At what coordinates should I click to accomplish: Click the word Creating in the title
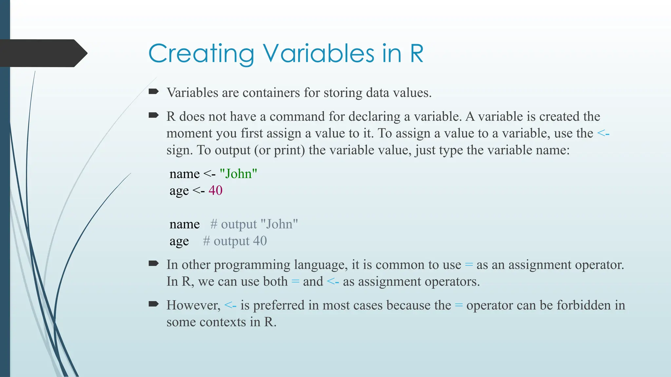(x=201, y=54)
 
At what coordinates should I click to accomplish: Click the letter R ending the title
(x=416, y=54)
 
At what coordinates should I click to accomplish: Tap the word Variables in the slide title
(x=318, y=54)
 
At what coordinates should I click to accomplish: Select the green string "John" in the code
(x=238, y=174)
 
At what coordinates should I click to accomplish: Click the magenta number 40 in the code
(x=215, y=190)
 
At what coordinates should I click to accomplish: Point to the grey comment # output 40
(x=235, y=241)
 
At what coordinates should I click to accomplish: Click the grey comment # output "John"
(x=254, y=224)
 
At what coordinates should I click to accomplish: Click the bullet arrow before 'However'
(x=153, y=304)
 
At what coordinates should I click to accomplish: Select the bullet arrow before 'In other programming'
(x=153, y=263)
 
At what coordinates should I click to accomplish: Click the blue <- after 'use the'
(x=603, y=134)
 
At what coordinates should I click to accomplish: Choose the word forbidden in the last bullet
(x=584, y=305)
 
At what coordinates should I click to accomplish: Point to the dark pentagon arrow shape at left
(x=43, y=53)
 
